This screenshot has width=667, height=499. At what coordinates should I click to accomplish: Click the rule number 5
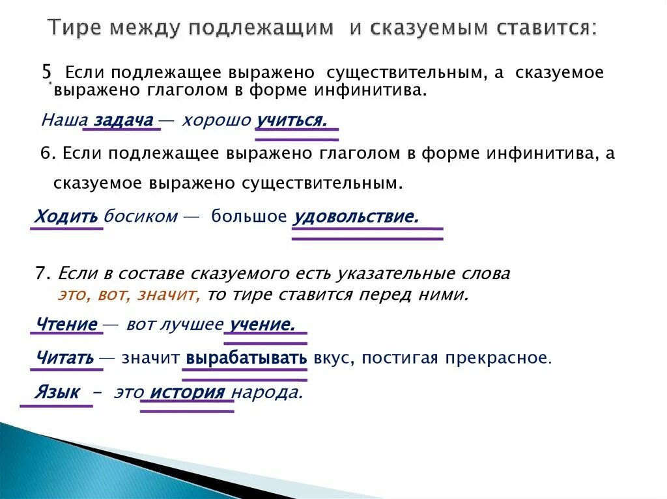coord(46,72)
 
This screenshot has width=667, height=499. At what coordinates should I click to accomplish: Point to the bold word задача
coord(124,120)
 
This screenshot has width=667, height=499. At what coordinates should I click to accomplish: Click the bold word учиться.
coord(291,120)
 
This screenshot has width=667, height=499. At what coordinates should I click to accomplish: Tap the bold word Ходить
coord(66,217)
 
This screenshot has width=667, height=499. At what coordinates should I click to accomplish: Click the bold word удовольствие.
coord(356,217)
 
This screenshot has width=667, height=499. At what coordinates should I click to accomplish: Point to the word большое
coord(248,217)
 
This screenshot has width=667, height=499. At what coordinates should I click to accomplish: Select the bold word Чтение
coord(67,324)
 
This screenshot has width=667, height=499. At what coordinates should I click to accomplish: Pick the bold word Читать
coord(66,358)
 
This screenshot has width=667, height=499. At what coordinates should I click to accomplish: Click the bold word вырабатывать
coord(246,358)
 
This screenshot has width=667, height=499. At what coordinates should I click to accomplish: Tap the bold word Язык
coord(57,392)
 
